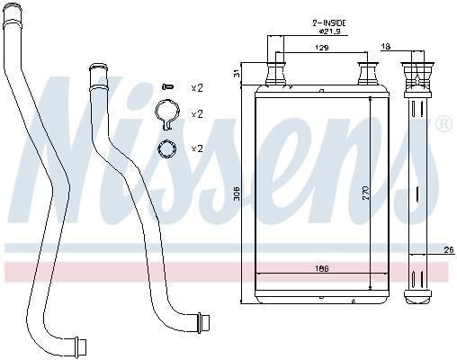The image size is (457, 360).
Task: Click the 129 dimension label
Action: (x=321, y=48)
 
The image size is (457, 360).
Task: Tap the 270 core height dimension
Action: (x=366, y=193)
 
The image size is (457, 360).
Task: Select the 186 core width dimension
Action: (x=322, y=268)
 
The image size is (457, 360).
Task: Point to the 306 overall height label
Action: (x=237, y=193)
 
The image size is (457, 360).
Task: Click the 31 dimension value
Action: (x=237, y=73)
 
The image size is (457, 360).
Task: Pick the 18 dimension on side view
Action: (x=386, y=47)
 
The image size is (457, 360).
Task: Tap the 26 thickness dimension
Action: (x=449, y=249)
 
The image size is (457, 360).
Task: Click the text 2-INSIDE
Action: (x=329, y=22)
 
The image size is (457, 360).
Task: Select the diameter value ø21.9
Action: (x=329, y=31)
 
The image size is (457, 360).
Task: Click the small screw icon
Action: (x=167, y=87)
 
